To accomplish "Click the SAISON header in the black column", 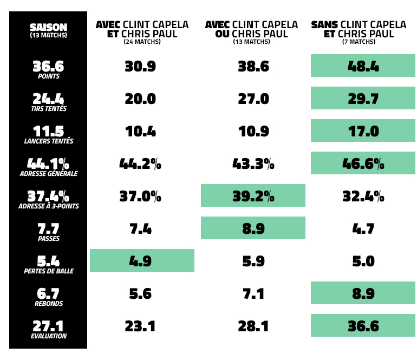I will [48, 27].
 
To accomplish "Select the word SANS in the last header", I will [324, 25].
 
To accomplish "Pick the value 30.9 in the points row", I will [140, 67].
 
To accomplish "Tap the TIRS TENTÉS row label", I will [49, 109].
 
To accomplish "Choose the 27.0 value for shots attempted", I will [253, 99].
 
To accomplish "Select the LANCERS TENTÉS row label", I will [49, 141].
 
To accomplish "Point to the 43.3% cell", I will [253, 164].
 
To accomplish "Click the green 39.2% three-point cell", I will [253, 196].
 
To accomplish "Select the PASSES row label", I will [49, 239].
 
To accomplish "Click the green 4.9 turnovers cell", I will [142, 260].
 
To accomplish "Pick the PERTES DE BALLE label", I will [49, 271].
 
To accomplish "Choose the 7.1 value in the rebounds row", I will [253, 294].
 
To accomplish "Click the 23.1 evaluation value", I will [140, 326].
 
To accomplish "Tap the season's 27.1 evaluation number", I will [48, 325].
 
